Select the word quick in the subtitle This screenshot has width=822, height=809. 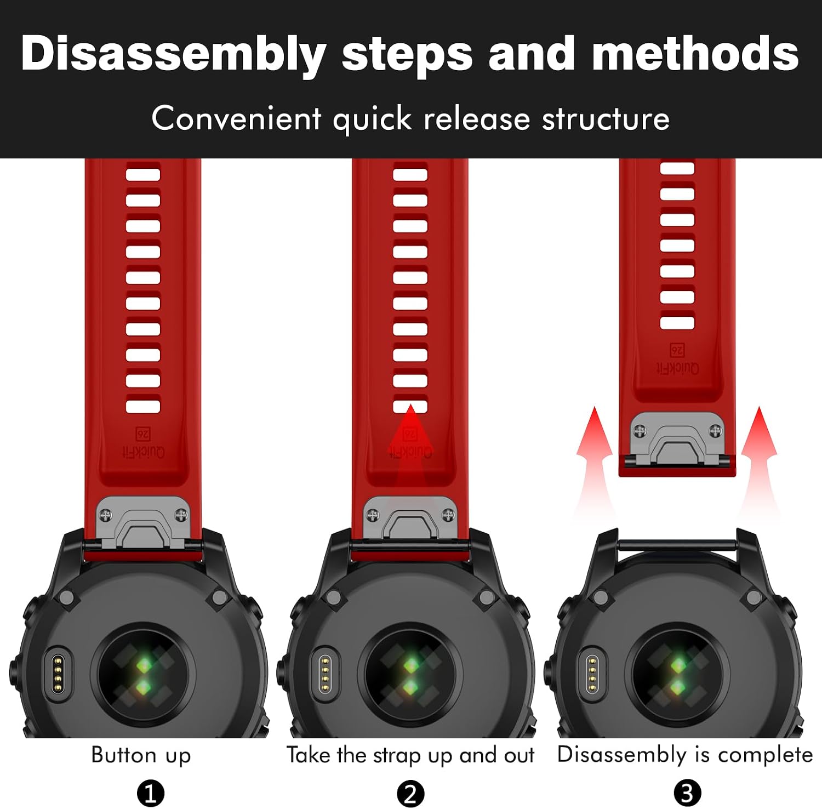tap(373, 118)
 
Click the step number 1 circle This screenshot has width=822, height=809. tap(151, 793)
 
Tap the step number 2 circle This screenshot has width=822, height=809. tap(410, 793)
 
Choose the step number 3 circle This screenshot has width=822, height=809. tap(687, 793)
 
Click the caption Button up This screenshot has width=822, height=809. tap(141, 755)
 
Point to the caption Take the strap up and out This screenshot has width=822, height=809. tap(410, 755)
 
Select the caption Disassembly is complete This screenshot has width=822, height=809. tap(685, 755)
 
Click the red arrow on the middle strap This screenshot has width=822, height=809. tap(410, 438)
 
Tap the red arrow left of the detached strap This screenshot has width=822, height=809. tap(594, 460)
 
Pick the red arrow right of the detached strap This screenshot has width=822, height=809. tap(759, 460)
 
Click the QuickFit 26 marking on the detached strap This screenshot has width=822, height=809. tap(677, 360)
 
